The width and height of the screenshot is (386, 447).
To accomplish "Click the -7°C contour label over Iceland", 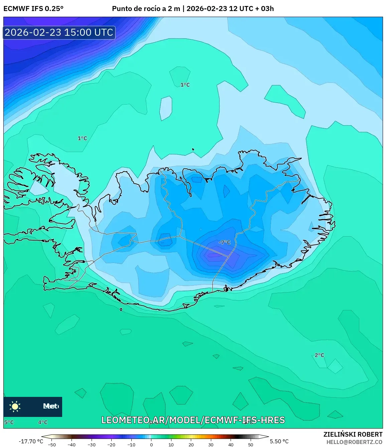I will point(225,242).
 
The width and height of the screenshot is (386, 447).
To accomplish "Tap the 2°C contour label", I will point(319,355).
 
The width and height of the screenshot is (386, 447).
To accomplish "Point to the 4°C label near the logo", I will point(43,422).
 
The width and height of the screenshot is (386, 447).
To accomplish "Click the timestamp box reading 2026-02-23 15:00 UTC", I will point(59,32).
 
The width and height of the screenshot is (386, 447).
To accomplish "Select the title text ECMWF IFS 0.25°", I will point(33,9).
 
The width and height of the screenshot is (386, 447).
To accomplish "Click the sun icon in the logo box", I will point(15,406).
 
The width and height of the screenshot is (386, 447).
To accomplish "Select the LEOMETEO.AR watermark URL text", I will point(193,420).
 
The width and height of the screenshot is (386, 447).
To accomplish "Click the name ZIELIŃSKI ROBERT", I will point(353,434).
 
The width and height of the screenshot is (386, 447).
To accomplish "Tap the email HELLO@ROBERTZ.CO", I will point(354,442).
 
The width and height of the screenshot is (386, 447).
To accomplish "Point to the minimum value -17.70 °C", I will point(31,441).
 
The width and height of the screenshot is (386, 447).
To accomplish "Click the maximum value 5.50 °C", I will point(279,441).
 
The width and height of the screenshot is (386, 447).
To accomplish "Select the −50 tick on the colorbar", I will point(51,445).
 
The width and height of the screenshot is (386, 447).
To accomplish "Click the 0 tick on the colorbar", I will point(151,445).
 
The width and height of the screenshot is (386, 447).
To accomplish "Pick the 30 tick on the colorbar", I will point(211,445).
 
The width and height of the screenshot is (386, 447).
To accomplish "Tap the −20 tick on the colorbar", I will point(111,445).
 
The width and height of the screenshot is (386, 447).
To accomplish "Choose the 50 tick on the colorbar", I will point(251,445).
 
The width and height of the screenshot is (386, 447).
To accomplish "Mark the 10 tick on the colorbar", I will point(171,445).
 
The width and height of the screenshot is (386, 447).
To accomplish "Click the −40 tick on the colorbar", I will point(72,445).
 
